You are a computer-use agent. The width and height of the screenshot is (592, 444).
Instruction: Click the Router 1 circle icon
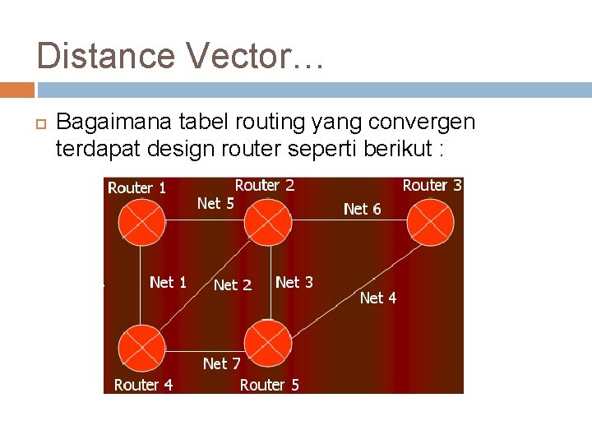click(141, 221)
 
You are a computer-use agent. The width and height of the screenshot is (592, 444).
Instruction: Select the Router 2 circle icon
click(268, 221)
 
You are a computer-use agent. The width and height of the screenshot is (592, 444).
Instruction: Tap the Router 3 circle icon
click(432, 221)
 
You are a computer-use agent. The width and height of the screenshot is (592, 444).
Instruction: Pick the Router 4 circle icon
click(141, 347)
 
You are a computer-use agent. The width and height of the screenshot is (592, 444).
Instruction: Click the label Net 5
click(215, 202)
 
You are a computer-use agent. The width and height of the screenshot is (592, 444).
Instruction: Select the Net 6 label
click(362, 209)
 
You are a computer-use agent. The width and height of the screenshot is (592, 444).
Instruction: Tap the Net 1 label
click(168, 282)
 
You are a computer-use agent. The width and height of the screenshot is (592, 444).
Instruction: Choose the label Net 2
click(232, 285)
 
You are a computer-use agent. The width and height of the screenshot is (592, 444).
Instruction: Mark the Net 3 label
click(294, 282)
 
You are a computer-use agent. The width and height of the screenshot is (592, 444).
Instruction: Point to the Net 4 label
click(377, 298)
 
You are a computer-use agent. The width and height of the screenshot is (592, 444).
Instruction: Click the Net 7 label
click(221, 363)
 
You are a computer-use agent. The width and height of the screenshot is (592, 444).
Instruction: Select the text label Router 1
click(136, 187)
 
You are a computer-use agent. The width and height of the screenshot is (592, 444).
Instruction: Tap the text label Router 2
click(265, 186)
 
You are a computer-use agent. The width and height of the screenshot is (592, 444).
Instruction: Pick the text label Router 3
click(432, 186)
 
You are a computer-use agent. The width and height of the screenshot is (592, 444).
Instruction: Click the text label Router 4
click(143, 385)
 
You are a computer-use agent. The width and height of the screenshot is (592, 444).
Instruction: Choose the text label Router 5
click(269, 385)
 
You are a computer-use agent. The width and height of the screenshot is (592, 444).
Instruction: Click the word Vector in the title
click(239, 56)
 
